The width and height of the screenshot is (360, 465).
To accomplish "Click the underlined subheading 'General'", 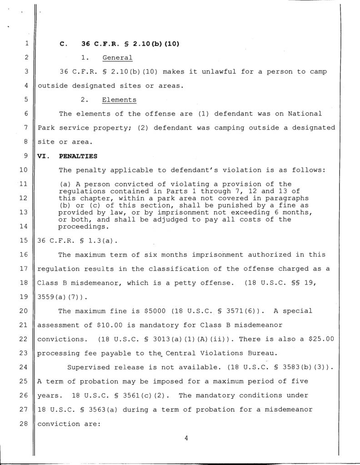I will click(x=117, y=58).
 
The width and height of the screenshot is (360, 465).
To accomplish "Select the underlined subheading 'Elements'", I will click(x=119, y=99).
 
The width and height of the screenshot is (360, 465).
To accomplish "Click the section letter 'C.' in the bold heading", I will click(x=64, y=44).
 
